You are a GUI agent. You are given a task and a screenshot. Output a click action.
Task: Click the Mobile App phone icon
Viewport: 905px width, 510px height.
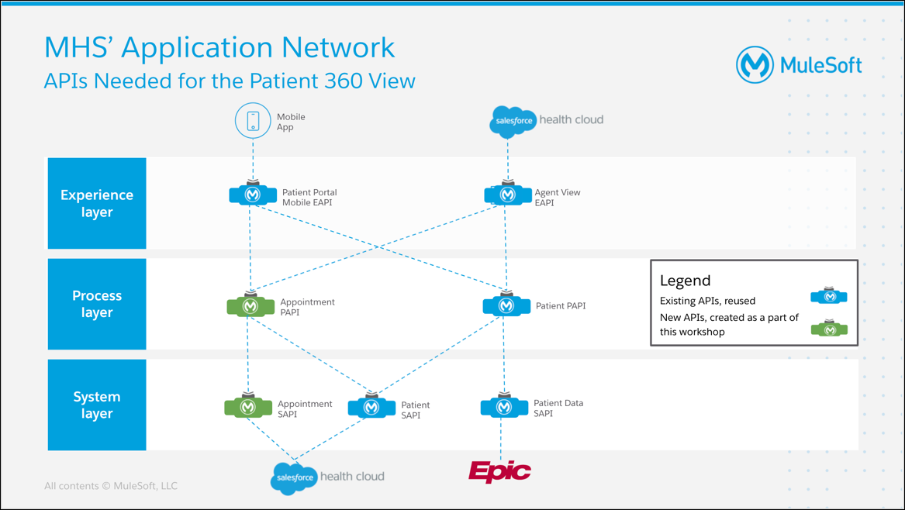coord(253,121)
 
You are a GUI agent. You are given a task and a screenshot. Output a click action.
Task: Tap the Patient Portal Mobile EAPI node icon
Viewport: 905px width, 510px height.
coord(253,194)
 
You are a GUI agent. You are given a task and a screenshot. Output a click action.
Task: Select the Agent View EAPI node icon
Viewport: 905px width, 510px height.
coord(508,194)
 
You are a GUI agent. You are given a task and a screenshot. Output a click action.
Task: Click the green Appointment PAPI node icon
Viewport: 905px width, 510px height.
coord(250,305)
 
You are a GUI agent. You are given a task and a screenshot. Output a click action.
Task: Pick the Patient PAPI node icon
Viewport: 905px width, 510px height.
coord(506,305)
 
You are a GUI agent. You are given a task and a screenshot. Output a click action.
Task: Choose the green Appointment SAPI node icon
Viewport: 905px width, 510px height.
coord(248,406)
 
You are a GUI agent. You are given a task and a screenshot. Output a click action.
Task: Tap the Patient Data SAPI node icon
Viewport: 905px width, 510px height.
coord(504,406)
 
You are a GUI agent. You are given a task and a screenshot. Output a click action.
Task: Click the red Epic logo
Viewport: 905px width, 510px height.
coord(500,472)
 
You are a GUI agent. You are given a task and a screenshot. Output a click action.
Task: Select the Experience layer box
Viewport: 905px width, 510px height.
coord(97,203)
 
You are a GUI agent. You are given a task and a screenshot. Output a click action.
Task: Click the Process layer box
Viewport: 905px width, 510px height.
coord(97,304)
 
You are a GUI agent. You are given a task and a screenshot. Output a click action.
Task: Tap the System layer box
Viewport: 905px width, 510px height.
coord(97,405)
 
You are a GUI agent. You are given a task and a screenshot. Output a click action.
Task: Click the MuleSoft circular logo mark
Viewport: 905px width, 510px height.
coord(755,64)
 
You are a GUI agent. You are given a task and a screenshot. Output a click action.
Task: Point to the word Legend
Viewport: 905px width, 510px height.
coord(685,281)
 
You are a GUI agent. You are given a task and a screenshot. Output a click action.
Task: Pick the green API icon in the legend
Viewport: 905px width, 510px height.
coord(830,329)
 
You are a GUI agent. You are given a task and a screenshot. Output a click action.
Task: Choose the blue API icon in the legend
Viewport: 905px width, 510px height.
coord(830,295)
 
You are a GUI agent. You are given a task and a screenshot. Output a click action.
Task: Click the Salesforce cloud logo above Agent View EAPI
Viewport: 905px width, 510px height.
coord(513,121)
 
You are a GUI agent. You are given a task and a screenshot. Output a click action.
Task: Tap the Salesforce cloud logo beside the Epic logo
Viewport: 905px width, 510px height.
coord(294,478)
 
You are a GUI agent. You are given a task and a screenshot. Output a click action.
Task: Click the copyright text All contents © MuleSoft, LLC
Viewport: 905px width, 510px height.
coord(111,486)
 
